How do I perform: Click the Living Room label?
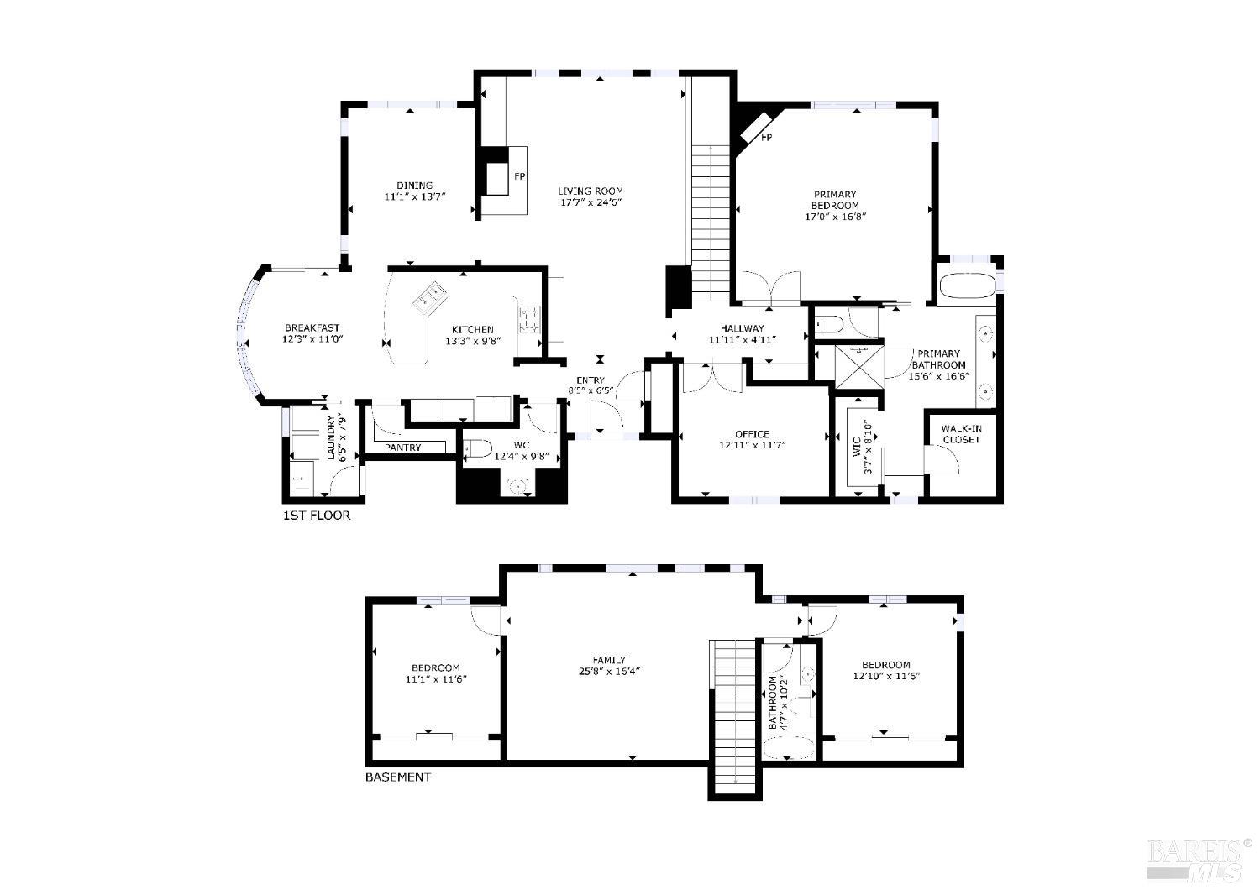(590, 191)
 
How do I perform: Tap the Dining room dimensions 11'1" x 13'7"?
(414, 197)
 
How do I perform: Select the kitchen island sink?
(432, 296)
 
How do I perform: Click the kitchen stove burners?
(529, 321)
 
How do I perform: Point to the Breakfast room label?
(312, 327)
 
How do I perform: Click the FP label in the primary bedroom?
(766, 137)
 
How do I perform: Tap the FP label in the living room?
(519, 176)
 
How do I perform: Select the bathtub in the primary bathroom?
(966, 285)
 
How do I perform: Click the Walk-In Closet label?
(961, 434)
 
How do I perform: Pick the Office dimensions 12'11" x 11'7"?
(752, 446)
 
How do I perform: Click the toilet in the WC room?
(478, 449)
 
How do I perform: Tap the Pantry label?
(402, 448)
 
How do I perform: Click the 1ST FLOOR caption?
(317, 516)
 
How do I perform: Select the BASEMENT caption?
(397, 777)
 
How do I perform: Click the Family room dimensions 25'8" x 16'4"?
(608, 671)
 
